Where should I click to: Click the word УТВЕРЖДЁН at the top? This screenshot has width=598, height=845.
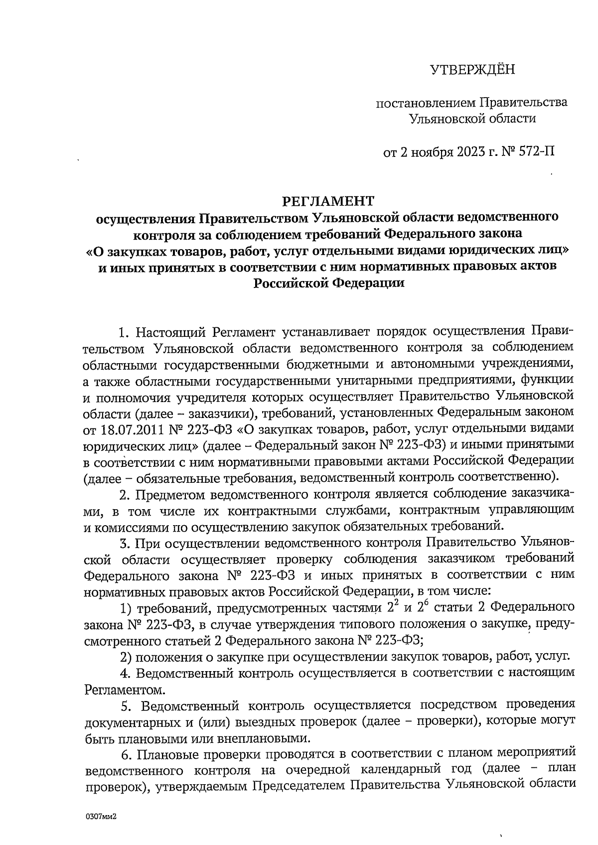pos(472,70)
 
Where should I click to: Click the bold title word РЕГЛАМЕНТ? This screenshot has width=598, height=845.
pos(328,201)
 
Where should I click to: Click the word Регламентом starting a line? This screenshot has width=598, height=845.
pos(123,690)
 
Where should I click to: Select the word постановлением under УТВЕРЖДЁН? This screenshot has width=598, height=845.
pos(426,103)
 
